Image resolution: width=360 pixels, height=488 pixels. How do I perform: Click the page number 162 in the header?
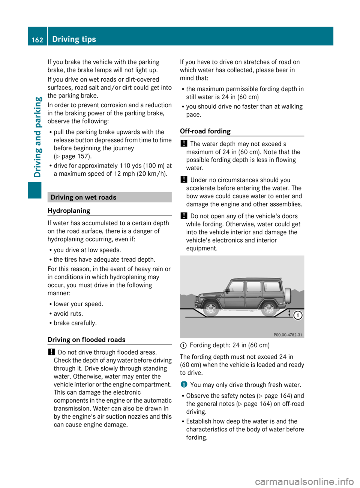click(37, 40)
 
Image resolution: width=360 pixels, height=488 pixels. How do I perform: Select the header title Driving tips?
click(74, 39)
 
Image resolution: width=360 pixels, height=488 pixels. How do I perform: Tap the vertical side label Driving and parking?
click(37, 137)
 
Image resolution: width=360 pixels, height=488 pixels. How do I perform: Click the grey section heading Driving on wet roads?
click(83, 198)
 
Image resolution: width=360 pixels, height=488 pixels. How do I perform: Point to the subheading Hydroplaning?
click(69, 211)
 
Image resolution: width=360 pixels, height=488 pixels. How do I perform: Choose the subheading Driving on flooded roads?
click(87, 340)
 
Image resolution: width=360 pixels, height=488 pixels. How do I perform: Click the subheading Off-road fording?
click(205, 131)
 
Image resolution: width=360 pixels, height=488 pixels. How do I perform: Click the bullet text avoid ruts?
click(68, 313)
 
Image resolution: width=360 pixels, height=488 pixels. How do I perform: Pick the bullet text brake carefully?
click(75, 323)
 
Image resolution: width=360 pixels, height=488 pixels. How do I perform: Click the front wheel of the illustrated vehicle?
click(211, 309)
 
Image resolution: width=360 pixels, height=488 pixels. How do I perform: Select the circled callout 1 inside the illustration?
click(297, 315)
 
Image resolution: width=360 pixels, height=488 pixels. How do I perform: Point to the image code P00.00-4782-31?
click(288, 335)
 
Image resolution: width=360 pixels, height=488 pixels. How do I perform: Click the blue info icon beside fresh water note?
click(183, 385)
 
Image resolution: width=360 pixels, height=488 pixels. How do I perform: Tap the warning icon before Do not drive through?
click(51, 352)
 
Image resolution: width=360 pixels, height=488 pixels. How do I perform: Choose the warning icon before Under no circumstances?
click(184, 180)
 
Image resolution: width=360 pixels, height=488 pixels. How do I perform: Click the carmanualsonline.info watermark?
click(304, 481)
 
